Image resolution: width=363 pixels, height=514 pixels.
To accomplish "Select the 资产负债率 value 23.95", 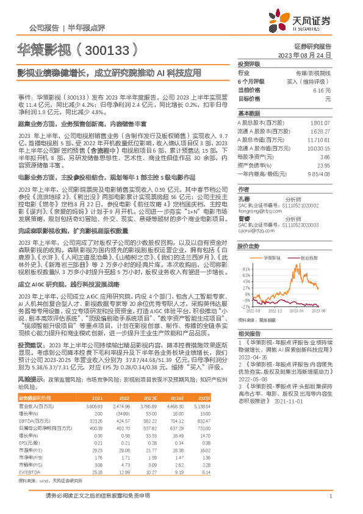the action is tap(323, 165).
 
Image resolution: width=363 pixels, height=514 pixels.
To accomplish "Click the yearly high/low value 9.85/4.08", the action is tap(320, 173).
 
